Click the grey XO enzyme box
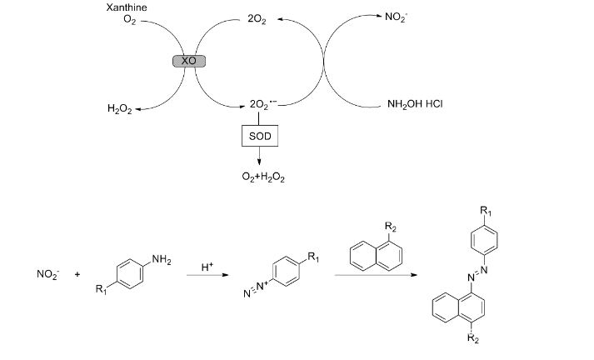187,61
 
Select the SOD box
258,135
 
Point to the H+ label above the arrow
208,267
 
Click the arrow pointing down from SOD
258,157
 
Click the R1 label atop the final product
486,209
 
